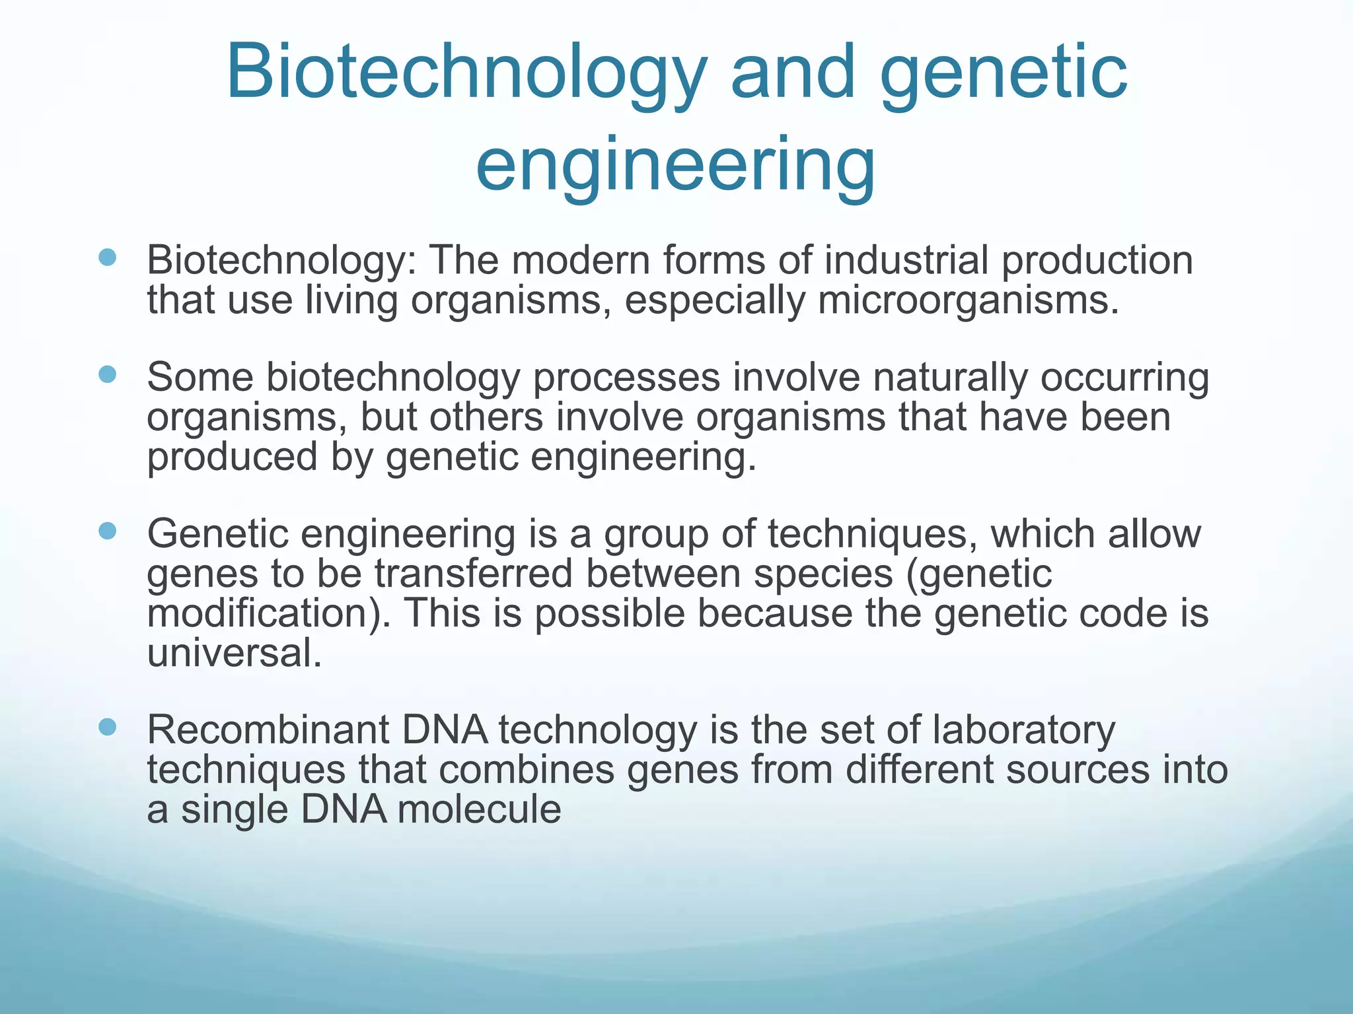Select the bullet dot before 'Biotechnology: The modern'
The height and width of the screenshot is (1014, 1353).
tap(107, 257)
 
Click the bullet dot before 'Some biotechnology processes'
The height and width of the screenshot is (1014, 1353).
tap(107, 375)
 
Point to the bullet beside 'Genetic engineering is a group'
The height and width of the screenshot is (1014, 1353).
tap(107, 531)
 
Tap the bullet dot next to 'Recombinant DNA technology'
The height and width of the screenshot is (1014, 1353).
tap(107, 727)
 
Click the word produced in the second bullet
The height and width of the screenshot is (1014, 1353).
tap(232, 457)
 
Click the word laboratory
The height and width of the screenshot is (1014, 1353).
tap(1023, 730)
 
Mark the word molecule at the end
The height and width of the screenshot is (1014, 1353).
tap(479, 809)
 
